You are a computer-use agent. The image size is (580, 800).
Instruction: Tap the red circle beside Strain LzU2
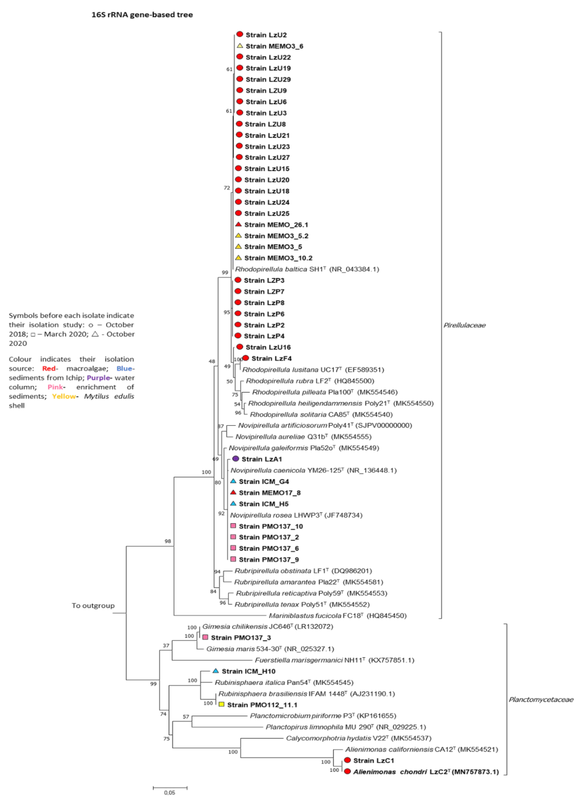pos(240,34)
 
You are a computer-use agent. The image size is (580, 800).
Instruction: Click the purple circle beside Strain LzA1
pos(236,459)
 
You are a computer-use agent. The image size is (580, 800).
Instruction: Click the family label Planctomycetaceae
pos(540,699)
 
